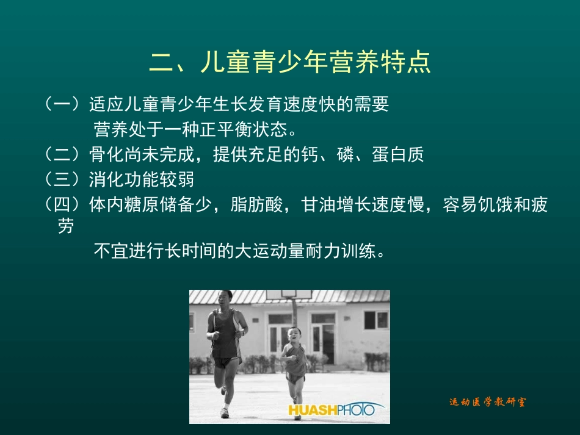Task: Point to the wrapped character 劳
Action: [66, 227]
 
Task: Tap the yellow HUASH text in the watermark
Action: [313, 409]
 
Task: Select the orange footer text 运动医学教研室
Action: [487, 402]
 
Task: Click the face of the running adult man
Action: [225, 300]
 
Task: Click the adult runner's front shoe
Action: [225, 412]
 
